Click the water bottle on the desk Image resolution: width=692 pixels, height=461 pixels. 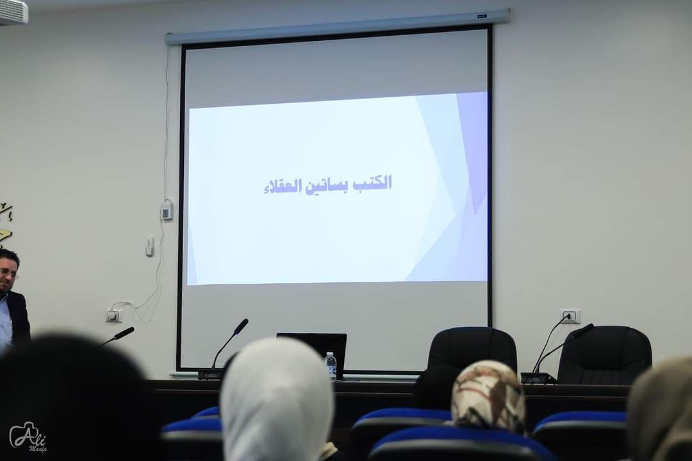point(330,365)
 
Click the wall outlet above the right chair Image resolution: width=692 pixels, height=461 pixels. point(570,316)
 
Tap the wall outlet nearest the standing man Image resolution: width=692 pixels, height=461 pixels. point(113,315)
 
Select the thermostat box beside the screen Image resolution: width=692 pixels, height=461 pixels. point(167,211)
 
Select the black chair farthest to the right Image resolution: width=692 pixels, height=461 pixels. point(605,355)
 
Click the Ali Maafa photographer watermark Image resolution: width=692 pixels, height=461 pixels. point(29,437)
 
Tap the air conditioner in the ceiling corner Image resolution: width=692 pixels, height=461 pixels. point(13,11)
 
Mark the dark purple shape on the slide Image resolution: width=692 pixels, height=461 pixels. point(472,150)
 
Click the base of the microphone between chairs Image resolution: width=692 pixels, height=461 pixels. point(538,378)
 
